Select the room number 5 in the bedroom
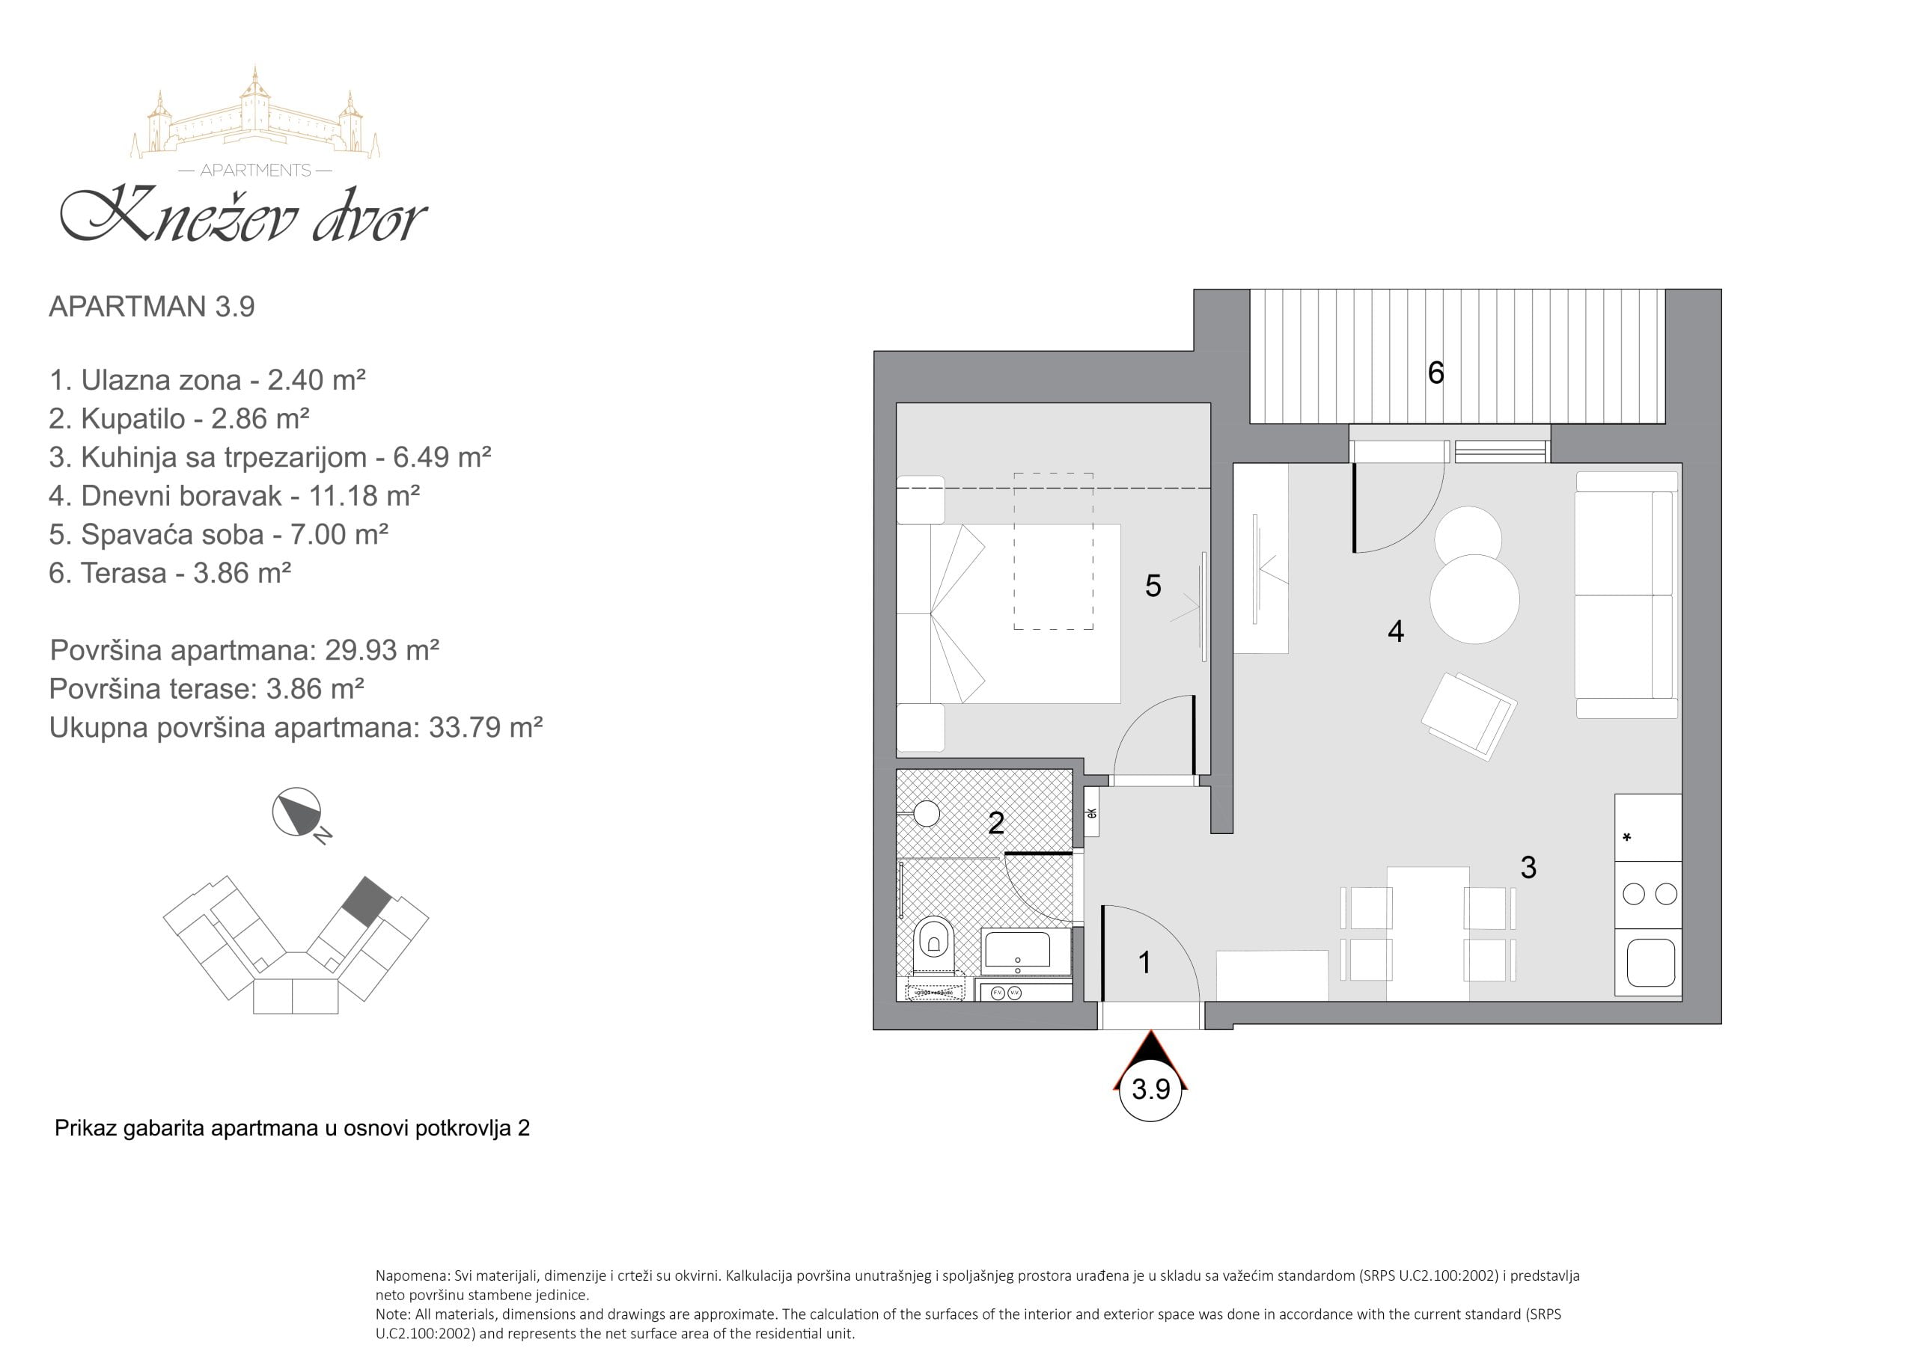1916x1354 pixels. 1153,586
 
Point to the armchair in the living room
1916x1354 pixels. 1468,716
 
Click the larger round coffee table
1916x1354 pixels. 1474,599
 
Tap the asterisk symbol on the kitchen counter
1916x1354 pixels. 1626,837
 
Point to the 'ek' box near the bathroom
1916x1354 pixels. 1091,812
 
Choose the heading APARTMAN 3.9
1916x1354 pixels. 152,306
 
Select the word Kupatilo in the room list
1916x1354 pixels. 132,418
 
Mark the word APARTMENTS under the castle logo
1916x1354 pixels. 255,171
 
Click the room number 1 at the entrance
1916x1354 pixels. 1145,962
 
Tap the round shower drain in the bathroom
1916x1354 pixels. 927,812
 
